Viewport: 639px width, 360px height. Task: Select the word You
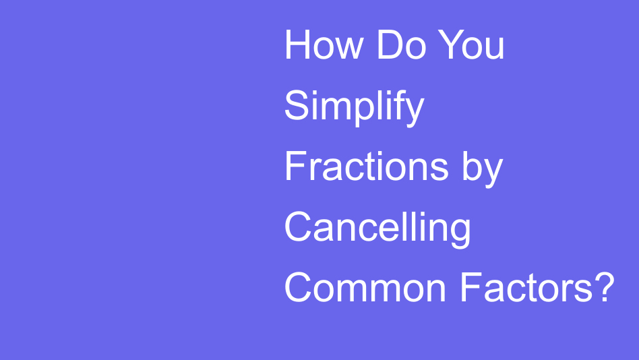pos(471,45)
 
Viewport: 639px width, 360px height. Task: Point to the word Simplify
pos(354,107)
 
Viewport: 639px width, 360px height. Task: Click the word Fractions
pos(367,167)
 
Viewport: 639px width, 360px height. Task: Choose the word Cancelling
pos(377,228)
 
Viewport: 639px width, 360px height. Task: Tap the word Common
pos(366,288)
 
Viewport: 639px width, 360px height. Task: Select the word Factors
pos(527,288)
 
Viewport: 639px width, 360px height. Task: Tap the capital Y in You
pos(451,45)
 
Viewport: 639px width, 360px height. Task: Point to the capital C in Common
pos(299,288)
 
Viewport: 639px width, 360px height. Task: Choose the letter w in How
pos(352,49)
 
